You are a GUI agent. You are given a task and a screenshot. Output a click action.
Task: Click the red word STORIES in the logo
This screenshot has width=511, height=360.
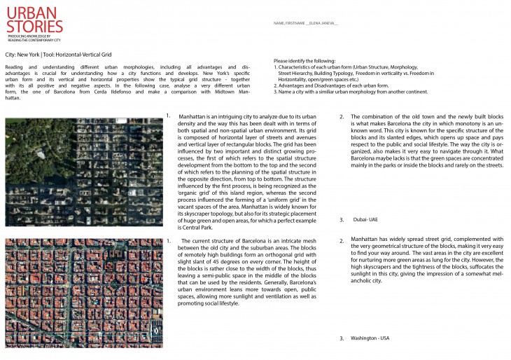33,26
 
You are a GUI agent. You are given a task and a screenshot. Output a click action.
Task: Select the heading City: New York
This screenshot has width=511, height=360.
21,54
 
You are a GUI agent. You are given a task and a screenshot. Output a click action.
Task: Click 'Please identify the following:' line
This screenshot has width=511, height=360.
304,62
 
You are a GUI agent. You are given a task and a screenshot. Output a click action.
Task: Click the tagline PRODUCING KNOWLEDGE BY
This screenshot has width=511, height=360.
24,35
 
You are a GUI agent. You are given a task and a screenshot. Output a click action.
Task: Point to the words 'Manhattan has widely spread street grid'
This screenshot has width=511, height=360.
404,240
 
